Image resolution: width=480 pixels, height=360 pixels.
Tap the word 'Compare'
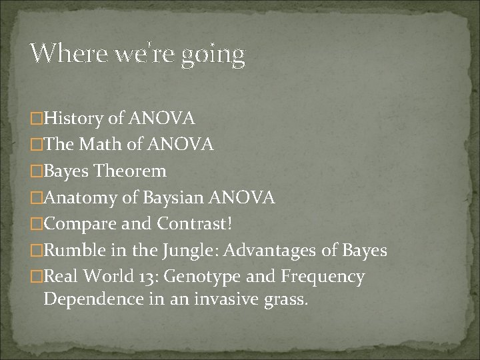81,224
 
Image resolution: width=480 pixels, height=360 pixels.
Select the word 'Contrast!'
195,224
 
